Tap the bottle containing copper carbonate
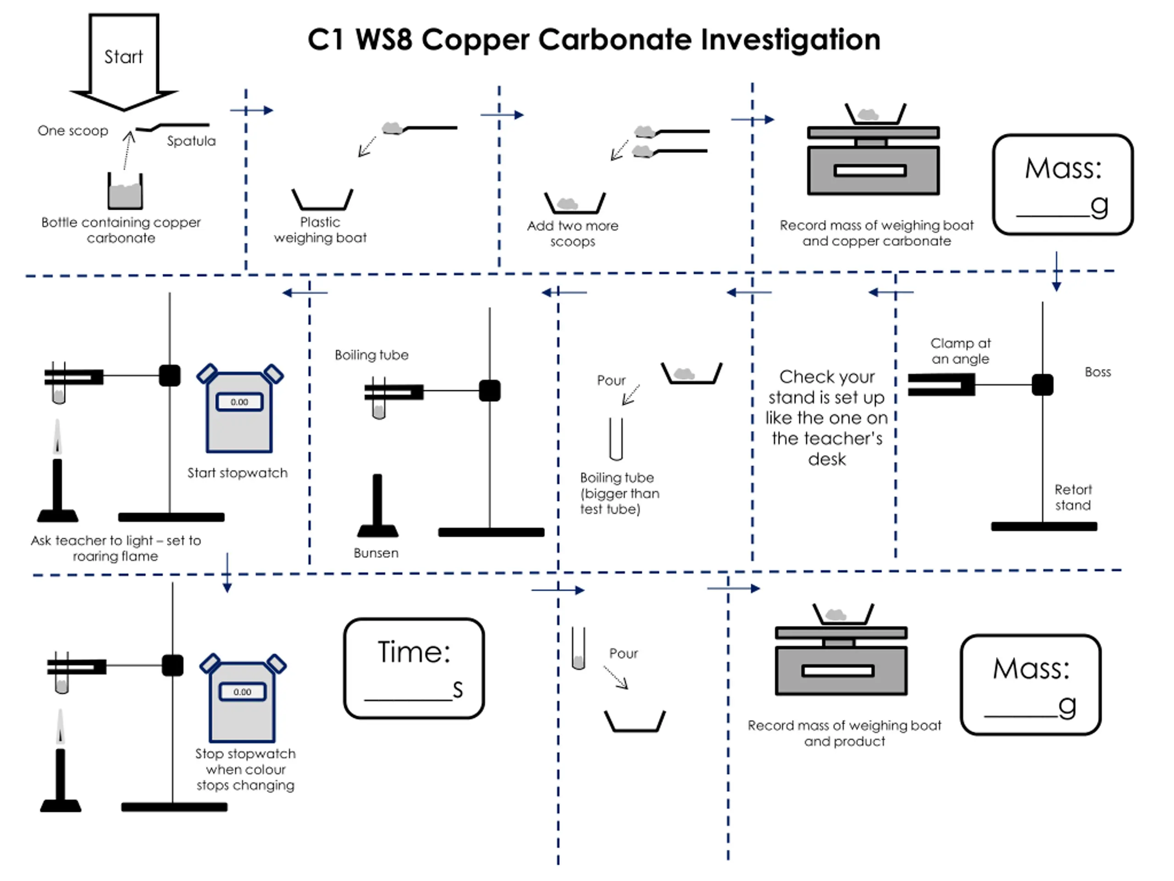pyautogui.click(x=125, y=192)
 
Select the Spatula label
pyautogui.click(x=191, y=141)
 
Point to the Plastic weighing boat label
pyautogui.click(x=320, y=230)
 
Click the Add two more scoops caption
pyautogui.click(x=573, y=234)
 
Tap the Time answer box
pyautogui.click(x=414, y=669)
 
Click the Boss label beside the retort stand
pyautogui.click(x=1097, y=372)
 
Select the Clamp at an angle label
pyautogui.click(x=960, y=351)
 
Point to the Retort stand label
pyautogui.click(x=1073, y=497)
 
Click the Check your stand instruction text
pyautogui.click(x=826, y=418)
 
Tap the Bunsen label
pyautogui.click(x=376, y=553)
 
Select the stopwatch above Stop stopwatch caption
pyautogui.click(x=243, y=698)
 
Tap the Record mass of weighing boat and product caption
pyautogui.click(x=844, y=733)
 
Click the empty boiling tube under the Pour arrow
pyautogui.click(x=615, y=439)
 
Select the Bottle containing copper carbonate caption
pyautogui.click(x=121, y=230)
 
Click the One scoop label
pyautogui.click(x=73, y=131)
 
